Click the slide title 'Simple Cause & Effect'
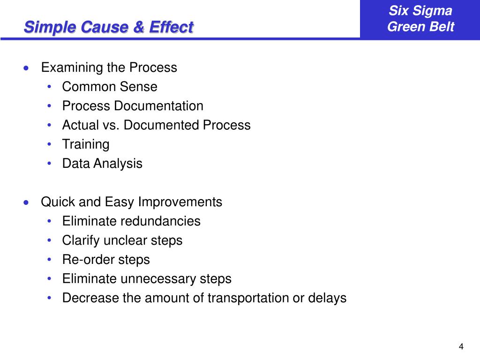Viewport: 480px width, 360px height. click(x=108, y=27)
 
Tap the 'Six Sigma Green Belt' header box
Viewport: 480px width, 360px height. click(x=420, y=19)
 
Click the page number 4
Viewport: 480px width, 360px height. click(x=461, y=347)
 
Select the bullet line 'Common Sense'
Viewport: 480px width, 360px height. click(x=110, y=87)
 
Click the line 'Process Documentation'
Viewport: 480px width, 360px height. click(x=133, y=106)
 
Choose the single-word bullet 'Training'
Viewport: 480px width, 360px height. click(x=86, y=144)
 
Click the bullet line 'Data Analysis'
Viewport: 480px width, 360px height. click(x=102, y=164)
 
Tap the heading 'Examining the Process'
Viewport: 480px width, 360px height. click(x=109, y=67)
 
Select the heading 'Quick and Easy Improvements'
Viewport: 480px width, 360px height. click(x=132, y=202)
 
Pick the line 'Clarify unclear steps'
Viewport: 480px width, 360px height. click(x=122, y=240)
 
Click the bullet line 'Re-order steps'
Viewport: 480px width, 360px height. click(x=106, y=260)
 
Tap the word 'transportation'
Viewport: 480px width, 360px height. click(x=248, y=298)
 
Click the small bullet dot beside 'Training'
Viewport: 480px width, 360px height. click(x=50, y=144)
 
